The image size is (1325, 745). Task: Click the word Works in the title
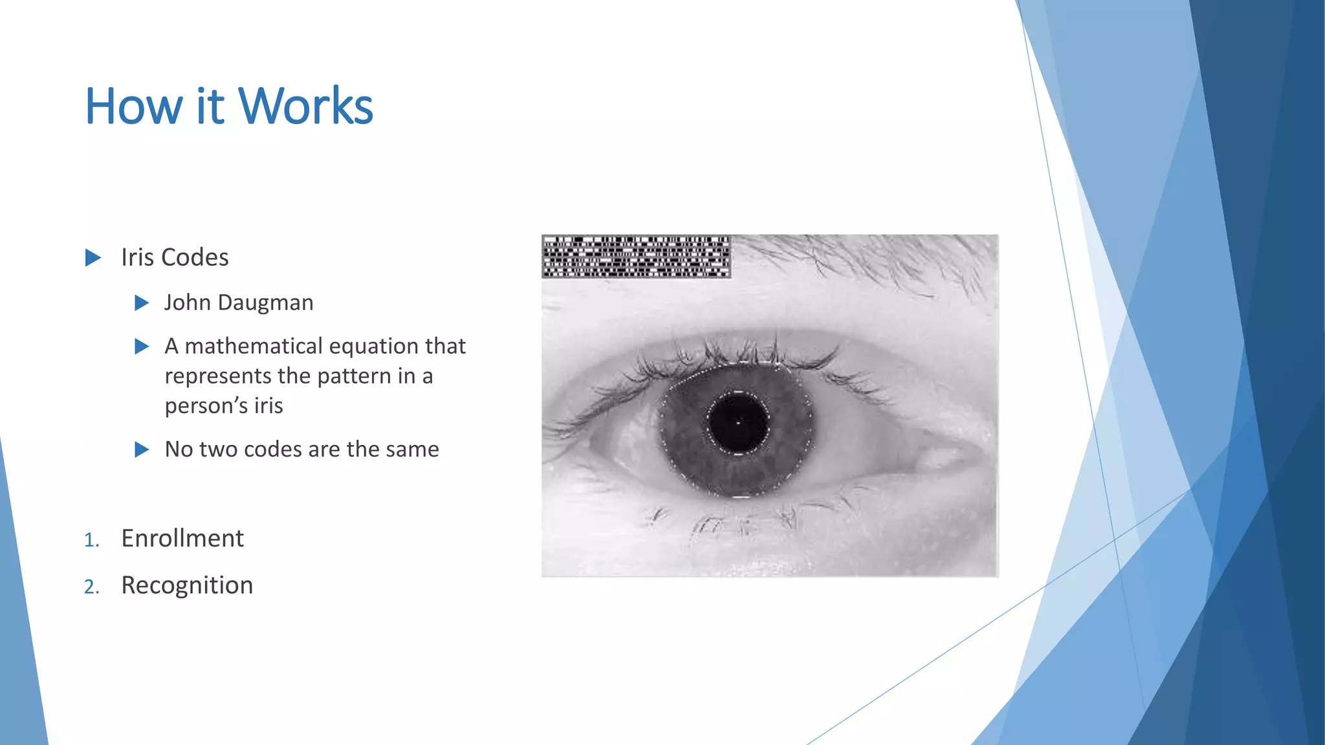coord(305,106)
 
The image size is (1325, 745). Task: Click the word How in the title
coord(134,106)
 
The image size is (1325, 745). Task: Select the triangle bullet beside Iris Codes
coord(93,258)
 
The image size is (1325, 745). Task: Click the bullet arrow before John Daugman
coord(142,303)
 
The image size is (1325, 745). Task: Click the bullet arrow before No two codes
coord(142,449)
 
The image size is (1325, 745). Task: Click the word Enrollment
coord(182,538)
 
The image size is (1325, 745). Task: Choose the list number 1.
coord(91,540)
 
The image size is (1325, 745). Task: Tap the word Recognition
coord(187,585)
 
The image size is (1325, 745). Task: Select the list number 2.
coord(91,587)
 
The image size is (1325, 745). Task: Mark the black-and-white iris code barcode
coord(636,257)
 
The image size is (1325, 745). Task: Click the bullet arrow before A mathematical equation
coord(142,347)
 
